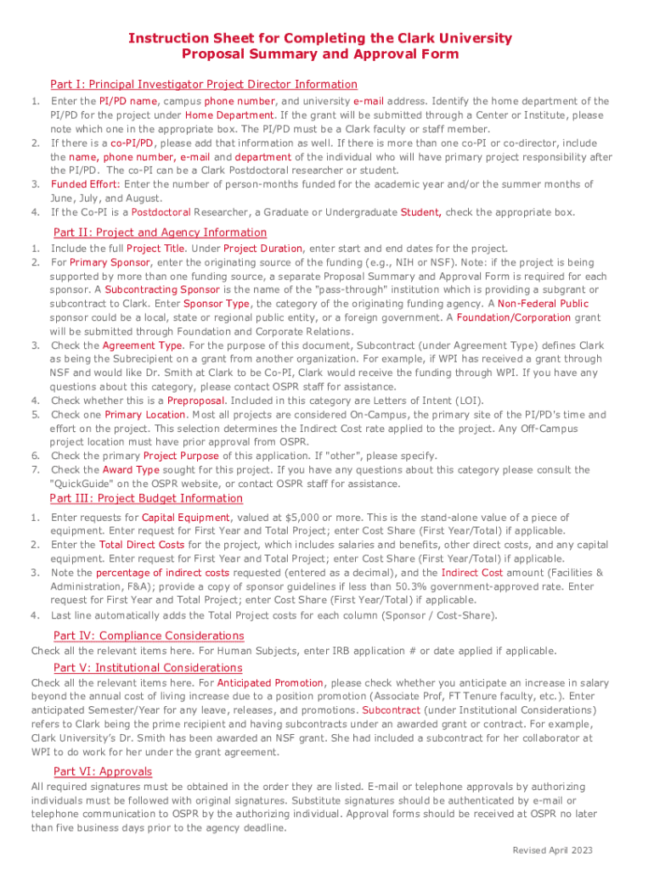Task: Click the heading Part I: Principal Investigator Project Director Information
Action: click(204, 84)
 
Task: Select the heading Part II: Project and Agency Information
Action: click(160, 233)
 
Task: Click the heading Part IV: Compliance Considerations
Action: click(149, 636)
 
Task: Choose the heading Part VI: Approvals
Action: click(103, 771)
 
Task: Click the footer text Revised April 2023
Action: click(552, 850)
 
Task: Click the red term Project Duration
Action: click(262, 249)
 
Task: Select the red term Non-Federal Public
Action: click(543, 304)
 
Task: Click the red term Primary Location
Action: click(145, 415)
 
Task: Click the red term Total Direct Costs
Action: click(142, 545)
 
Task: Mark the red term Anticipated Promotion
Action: click(270, 682)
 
